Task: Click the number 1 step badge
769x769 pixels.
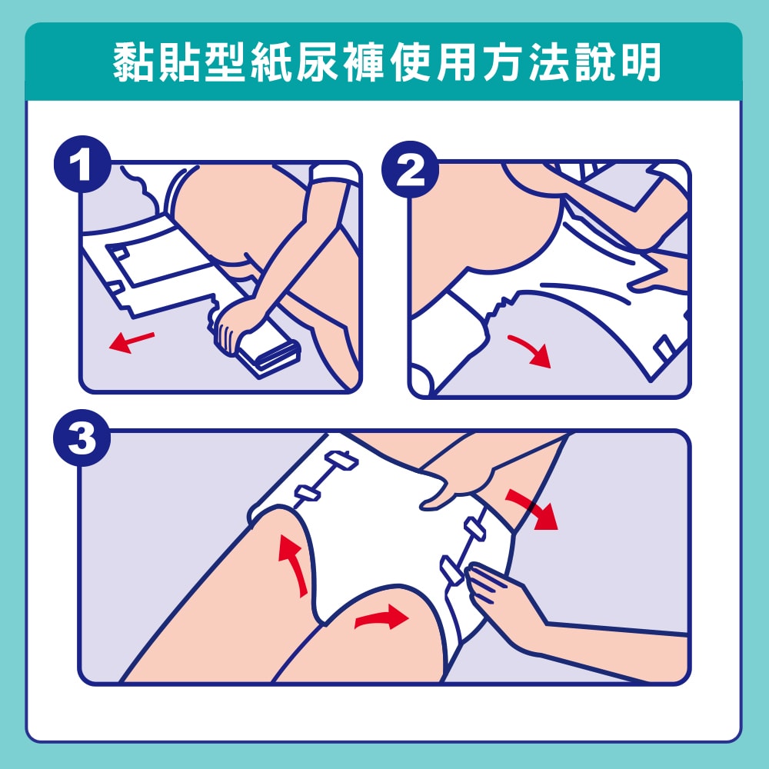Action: [x=82, y=164]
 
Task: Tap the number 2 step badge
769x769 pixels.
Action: [x=410, y=169]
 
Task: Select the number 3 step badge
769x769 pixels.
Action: [x=82, y=438]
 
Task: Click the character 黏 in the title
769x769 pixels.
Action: [x=133, y=62]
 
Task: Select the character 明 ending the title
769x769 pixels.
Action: [x=641, y=62]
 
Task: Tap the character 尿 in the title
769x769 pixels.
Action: [x=318, y=62]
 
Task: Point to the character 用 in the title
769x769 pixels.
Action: [x=456, y=62]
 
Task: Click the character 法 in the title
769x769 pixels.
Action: [x=549, y=62]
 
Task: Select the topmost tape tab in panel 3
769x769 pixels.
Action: [x=341, y=461]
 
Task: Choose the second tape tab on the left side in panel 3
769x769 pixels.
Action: [x=308, y=494]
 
